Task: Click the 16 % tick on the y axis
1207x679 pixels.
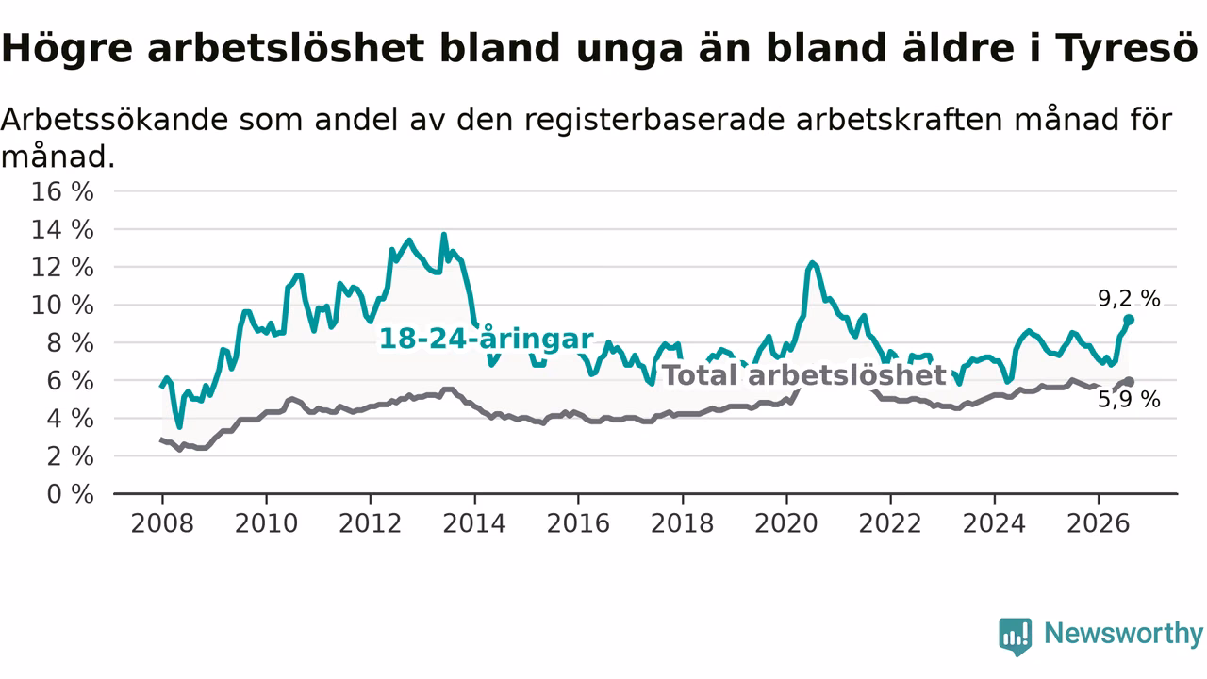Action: (x=62, y=191)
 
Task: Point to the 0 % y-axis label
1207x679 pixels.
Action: (x=70, y=494)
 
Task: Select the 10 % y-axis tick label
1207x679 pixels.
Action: (x=62, y=306)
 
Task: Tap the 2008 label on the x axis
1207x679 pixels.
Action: (x=162, y=523)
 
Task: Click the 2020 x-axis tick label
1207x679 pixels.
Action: (x=786, y=523)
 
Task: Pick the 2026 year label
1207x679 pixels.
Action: (x=1099, y=523)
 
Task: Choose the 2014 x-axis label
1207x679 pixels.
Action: (x=474, y=523)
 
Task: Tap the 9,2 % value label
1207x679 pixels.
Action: (x=1129, y=299)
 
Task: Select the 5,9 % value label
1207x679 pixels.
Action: (x=1129, y=400)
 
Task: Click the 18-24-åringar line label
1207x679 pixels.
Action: (x=487, y=339)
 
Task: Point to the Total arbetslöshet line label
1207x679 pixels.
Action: (x=804, y=375)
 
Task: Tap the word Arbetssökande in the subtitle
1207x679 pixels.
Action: (x=115, y=119)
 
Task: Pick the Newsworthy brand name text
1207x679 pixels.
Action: (x=1123, y=634)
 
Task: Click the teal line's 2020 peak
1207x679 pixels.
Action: (x=812, y=262)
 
